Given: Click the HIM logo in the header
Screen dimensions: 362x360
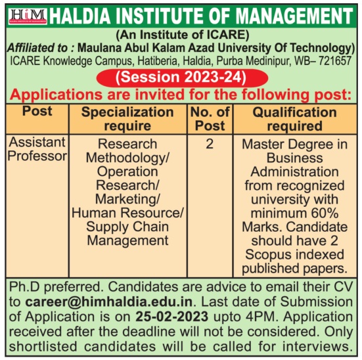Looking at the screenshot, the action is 28,16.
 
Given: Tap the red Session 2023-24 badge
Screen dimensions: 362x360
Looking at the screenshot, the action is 182,78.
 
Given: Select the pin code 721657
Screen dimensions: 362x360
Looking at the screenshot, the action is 335,61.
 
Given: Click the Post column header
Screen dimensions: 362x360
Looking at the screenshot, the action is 37,111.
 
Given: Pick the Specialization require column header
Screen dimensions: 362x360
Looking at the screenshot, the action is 127,119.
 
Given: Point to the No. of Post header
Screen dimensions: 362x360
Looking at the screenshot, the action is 210,119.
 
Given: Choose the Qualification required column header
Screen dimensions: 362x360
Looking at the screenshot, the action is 294,119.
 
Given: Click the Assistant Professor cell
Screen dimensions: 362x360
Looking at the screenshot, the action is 37,149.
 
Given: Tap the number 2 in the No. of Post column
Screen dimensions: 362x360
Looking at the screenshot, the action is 210,144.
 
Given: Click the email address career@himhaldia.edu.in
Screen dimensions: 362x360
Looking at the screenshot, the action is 109,302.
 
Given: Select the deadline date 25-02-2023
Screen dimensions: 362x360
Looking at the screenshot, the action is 171,317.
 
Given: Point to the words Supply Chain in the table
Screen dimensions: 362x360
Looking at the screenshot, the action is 127,227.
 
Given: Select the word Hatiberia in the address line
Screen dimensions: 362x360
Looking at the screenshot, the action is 158,61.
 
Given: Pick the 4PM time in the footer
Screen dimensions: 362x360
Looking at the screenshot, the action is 261,317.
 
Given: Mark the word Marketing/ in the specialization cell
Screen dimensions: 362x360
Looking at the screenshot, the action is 127,199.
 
